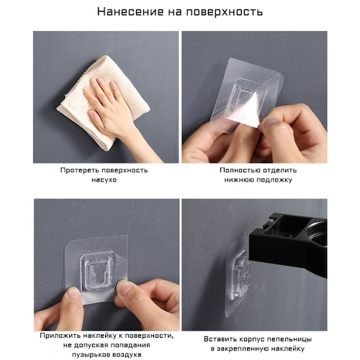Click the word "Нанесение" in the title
click(x=131, y=12)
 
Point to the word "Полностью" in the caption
click(x=237, y=170)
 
